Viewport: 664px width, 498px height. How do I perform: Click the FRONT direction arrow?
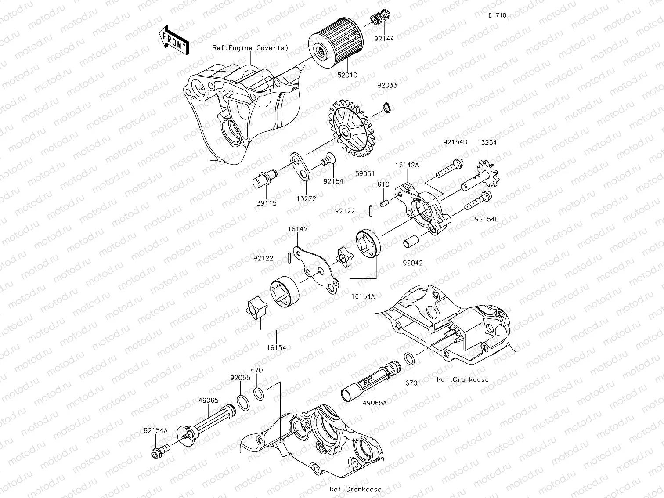click(173, 40)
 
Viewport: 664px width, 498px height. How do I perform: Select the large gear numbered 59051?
click(350, 129)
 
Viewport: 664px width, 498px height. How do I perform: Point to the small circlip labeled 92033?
click(387, 107)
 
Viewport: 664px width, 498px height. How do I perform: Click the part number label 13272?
click(306, 199)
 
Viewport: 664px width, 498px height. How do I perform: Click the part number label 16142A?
click(407, 165)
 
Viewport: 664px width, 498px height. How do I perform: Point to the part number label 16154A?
click(363, 296)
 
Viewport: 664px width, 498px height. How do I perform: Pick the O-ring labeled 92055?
click(243, 401)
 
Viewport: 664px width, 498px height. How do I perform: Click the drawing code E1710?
click(497, 15)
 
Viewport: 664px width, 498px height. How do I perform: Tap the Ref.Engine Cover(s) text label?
click(250, 48)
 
